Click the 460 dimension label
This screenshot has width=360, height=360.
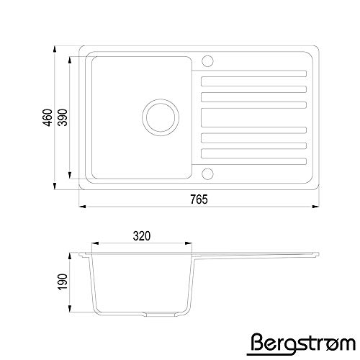(x=48, y=117)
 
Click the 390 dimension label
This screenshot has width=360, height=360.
(x=63, y=117)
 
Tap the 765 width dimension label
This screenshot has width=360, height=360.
(x=199, y=199)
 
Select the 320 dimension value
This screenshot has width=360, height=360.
(x=142, y=236)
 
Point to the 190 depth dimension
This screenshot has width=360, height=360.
(x=63, y=282)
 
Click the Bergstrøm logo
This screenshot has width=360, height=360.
(x=301, y=344)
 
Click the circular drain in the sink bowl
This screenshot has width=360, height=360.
(x=161, y=117)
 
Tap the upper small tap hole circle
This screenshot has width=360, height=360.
(x=207, y=61)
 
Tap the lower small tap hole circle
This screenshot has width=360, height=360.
(x=207, y=174)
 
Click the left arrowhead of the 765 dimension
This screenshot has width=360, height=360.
(x=83, y=206)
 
